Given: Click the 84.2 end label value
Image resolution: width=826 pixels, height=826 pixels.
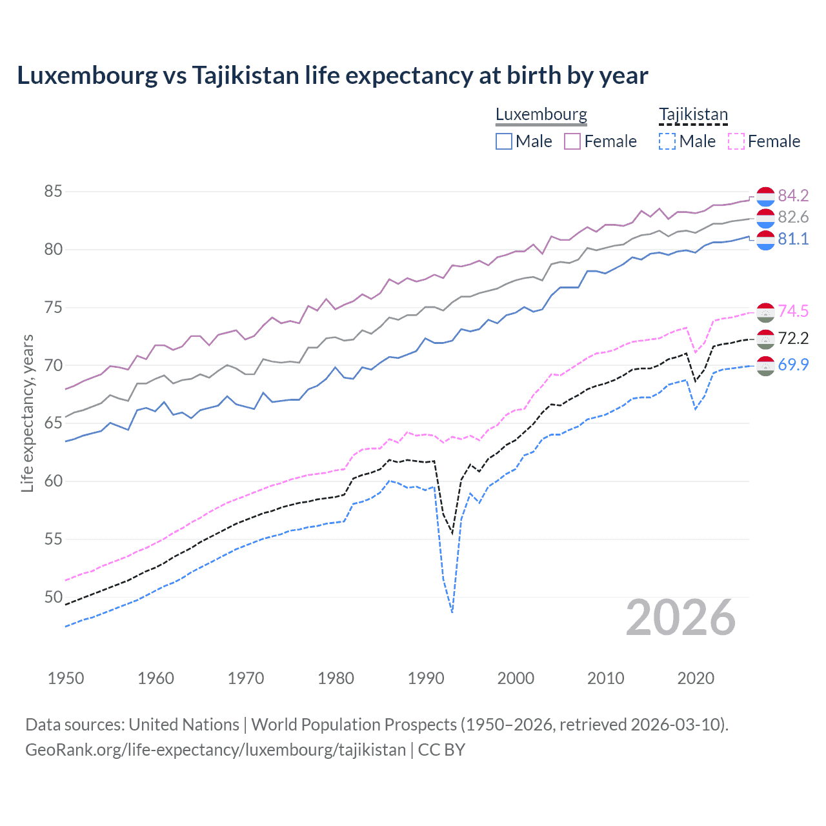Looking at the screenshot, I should pyautogui.click(x=793, y=196).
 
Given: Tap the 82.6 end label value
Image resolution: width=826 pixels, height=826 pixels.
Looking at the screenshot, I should pyautogui.click(x=793, y=217).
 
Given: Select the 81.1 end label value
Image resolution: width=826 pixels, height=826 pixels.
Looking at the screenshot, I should pyautogui.click(x=793, y=239).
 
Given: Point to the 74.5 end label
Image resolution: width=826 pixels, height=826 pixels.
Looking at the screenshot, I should pyautogui.click(x=793, y=311).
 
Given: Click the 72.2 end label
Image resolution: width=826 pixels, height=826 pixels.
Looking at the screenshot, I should pyautogui.click(x=793, y=338).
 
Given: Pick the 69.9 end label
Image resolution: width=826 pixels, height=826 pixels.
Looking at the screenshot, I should pyautogui.click(x=793, y=365).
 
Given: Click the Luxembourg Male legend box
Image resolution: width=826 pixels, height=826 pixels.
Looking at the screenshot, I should pyautogui.click(x=504, y=141).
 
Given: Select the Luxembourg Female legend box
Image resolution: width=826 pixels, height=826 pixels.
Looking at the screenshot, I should pyautogui.click(x=572, y=141).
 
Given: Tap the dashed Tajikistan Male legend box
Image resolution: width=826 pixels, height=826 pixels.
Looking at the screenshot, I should pyautogui.click(x=667, y=141).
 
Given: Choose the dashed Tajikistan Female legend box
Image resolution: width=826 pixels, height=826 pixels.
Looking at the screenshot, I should pyautogui.click(x=736, y=141).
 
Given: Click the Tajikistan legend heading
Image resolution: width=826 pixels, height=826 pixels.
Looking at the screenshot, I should pyautogui.click(x=693, y=115).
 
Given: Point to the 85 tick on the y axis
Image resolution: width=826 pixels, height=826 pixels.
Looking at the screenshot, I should pyautogui.click(x=53, y=192).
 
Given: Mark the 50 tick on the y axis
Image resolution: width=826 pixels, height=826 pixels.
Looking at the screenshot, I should pyautogui.click(x=53, y=597).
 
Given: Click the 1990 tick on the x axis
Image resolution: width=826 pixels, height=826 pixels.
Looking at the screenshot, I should pyautogui.click(x=426, y=678).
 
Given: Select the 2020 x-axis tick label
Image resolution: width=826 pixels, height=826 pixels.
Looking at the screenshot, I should pyautogui.click(x=696, y=678).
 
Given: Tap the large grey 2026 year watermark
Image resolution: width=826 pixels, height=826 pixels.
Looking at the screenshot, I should pyautogui.click(x=681, y=618).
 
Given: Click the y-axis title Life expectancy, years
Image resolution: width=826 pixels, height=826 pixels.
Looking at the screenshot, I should pyautogui.click(x=28, y=413).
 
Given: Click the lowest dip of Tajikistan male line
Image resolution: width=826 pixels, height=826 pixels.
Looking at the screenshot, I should pyautogui.click(x=452, y=612).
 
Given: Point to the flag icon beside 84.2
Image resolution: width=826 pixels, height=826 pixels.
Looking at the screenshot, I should pyautogui.click(x=765, y=196).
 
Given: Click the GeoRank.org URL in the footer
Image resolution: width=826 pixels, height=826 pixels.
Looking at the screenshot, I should pyautogui.click(x=216, y=750).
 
